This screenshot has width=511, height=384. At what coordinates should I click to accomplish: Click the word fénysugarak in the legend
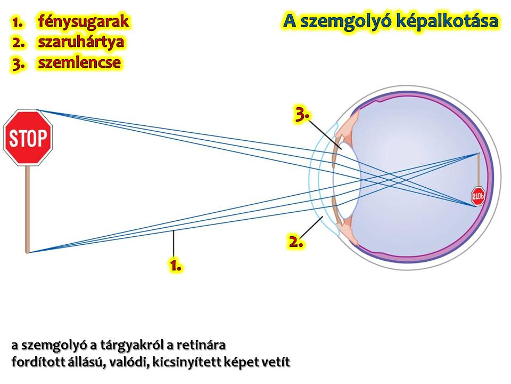pos(84,22)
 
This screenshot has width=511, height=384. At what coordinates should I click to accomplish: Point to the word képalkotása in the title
pos(447,21)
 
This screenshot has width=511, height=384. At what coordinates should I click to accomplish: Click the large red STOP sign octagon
pos(28,138)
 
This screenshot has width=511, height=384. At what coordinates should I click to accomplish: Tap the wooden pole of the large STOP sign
pos(28,209)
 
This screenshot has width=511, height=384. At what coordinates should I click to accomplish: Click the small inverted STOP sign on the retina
pos(478,196)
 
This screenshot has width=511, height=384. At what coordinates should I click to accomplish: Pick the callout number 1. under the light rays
pos(175,266)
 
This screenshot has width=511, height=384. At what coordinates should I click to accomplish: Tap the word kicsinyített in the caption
pos(192,363)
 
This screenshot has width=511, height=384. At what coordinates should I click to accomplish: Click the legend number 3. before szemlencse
pos(18,63)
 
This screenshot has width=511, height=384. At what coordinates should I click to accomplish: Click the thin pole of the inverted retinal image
pos(479,170)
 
